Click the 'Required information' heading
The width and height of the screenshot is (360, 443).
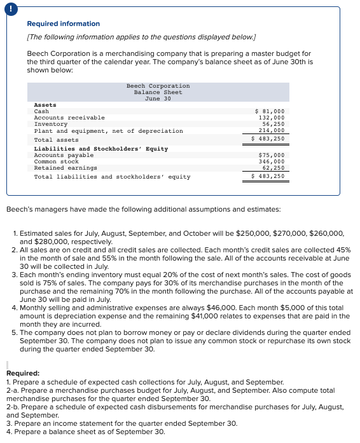(x=63, y=24)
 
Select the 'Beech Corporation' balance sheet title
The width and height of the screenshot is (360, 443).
(x=158, y=86)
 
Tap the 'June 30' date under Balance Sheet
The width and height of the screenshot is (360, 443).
(x=158, y=99)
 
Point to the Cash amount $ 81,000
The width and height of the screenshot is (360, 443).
(x=270, y=111)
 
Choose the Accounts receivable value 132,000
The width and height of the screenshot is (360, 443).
(x=272, y=118)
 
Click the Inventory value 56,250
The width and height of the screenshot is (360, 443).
(x=273, y=124)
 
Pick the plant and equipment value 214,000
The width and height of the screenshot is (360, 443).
(x=272, y=130)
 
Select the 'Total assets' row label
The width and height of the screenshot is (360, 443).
(x=56, y=140)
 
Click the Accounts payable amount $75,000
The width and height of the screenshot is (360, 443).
(x=272, y=155)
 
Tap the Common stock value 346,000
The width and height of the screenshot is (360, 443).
(x=272, y=161)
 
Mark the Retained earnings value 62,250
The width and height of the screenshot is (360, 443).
(x=273, y=168)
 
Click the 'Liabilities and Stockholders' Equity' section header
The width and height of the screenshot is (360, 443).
(x=100, y=149)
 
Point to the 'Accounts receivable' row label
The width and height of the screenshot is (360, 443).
(x=69, y=118)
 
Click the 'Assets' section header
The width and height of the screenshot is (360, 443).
(x=45, y=105)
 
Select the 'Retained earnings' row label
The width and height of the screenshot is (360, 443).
(x=65, y=168)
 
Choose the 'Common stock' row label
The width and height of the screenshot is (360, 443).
(x=56, y=161)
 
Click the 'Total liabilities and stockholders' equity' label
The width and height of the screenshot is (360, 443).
(x=112, y=177)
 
